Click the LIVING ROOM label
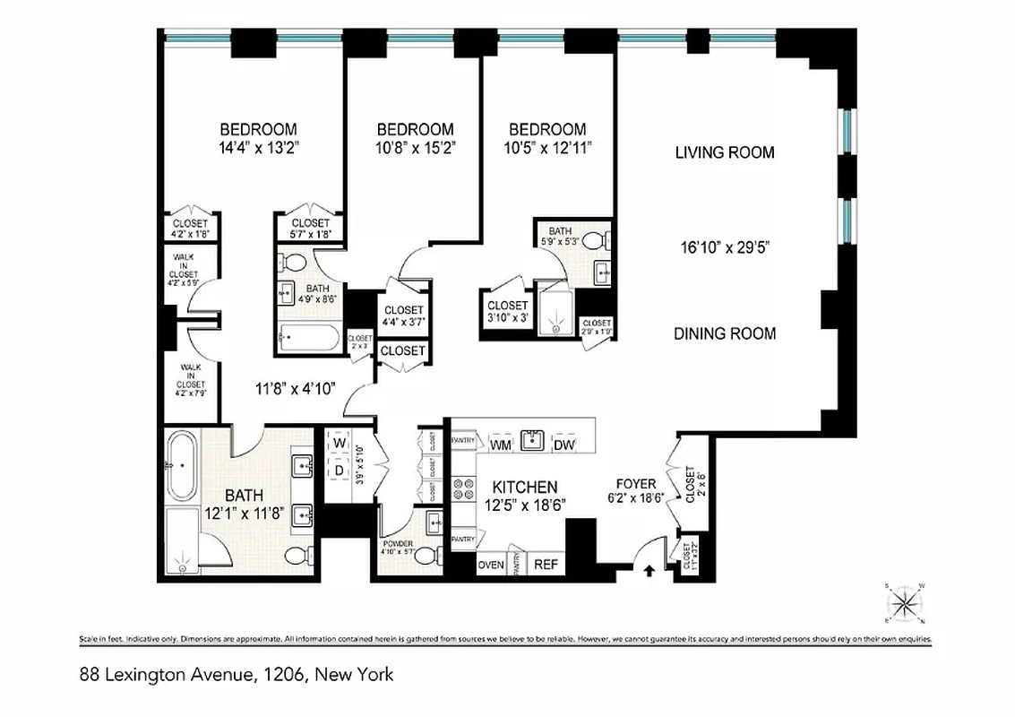[x=724, y=152]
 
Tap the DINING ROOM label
[x=724, y=333]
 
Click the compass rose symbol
[x=905, y=602]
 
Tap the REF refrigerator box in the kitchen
[x=546, y=565]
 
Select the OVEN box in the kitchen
[x=490, y=565]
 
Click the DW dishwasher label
[x=563, y=445]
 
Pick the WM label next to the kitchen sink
[x=500, y=445]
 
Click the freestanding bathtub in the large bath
[x=182, y=467]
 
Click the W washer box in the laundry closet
[x=340, y=444]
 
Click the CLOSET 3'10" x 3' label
[x=507, y=311]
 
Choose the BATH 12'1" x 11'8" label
[x=244, y=504]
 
